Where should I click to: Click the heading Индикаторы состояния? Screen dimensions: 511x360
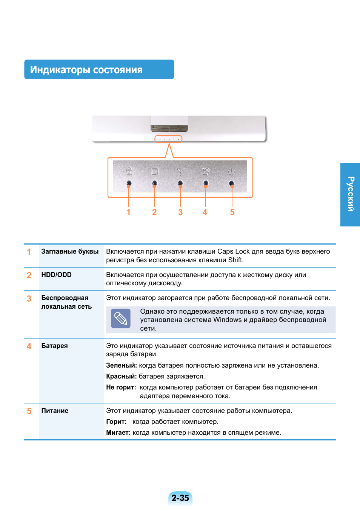click(86, 70)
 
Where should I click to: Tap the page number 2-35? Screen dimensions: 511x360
click(180, 498)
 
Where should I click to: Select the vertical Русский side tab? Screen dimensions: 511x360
click(351, 194)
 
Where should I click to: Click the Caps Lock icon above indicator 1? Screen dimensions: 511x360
click(129, 172)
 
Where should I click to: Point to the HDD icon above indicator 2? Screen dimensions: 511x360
click(155, 172)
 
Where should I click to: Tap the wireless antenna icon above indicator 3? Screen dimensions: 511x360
click(180, 172)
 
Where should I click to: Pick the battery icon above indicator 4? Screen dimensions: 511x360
click(206, 172)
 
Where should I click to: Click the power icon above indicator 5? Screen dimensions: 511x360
click(231, 172)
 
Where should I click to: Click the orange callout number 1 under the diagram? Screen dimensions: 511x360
click(129, 212)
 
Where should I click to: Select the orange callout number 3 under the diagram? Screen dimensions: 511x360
click(180, 212)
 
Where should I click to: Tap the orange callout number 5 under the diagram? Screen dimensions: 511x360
click(232, 212)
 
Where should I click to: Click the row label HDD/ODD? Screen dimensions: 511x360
click(56, 275)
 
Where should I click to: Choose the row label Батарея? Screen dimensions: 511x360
click(54, 346)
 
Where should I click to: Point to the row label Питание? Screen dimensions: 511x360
click(55, 411)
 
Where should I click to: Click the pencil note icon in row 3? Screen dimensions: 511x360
click(121, 319)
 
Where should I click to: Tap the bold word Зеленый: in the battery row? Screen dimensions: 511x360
click(121, 365)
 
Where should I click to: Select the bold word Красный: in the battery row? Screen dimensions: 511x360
click(121, 376)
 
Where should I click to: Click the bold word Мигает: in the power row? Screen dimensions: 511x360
click(118, 433)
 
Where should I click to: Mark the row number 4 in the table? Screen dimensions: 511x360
click(29, 346)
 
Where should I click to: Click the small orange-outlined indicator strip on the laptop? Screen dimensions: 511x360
click(168, 139)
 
